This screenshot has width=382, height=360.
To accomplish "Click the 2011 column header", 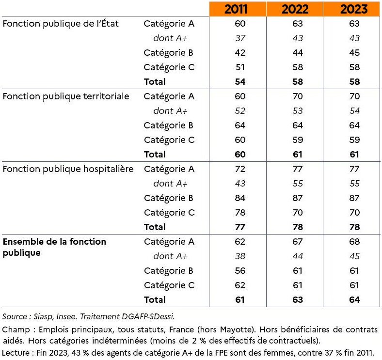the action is pyautogui.click(x=236, y=9).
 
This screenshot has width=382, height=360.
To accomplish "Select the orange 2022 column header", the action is pyautogui.click(x=295, y=9).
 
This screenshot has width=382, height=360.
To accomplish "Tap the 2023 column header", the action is pyautogui.click(x=354, y=9).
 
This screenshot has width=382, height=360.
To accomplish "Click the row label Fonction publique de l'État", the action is pyautogui.click(x=61, y=24).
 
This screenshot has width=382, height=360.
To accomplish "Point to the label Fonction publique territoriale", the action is pyautogui.click(x=66, y=96).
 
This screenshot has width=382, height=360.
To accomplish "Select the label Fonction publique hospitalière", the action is pyautogui.click(x=68, y=169).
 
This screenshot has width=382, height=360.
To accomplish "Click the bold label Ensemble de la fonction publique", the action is pyautogui.click(x=54, y=247).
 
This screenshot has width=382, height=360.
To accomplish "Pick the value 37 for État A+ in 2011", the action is pyautogui.click(x=240, y=38).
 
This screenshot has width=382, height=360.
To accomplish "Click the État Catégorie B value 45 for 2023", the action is pyautogui.click(x=354, y=53).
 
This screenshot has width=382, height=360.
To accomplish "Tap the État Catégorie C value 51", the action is pyautogui.click(x=240, y=67).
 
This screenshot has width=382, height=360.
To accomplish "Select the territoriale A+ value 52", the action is pyautogui.click(x=240, y=111).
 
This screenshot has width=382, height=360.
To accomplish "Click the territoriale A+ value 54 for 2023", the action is pyautogui.click(x=354, y=111).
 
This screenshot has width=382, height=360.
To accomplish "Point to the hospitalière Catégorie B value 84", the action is pyautogui.click(x=240, y=198).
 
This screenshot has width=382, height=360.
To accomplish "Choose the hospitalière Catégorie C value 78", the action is pyautogui.click(x=240, y=213).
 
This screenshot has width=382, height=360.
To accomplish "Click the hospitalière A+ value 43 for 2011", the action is pyautogui.click(x=240, y=184).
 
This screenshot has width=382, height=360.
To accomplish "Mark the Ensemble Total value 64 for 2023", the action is pyautogui.click(x=354, y=300).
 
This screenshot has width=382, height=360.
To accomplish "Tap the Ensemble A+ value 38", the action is pyautogui.click(x=240, y=256).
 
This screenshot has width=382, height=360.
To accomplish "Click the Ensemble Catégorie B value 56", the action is pyautogui.click(x=240, y=271).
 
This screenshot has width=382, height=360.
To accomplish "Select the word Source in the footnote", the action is pyautogui.click(x=15, y=316).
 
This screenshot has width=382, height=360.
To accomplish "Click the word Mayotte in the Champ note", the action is pyautogui.click(x=236, y=329).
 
